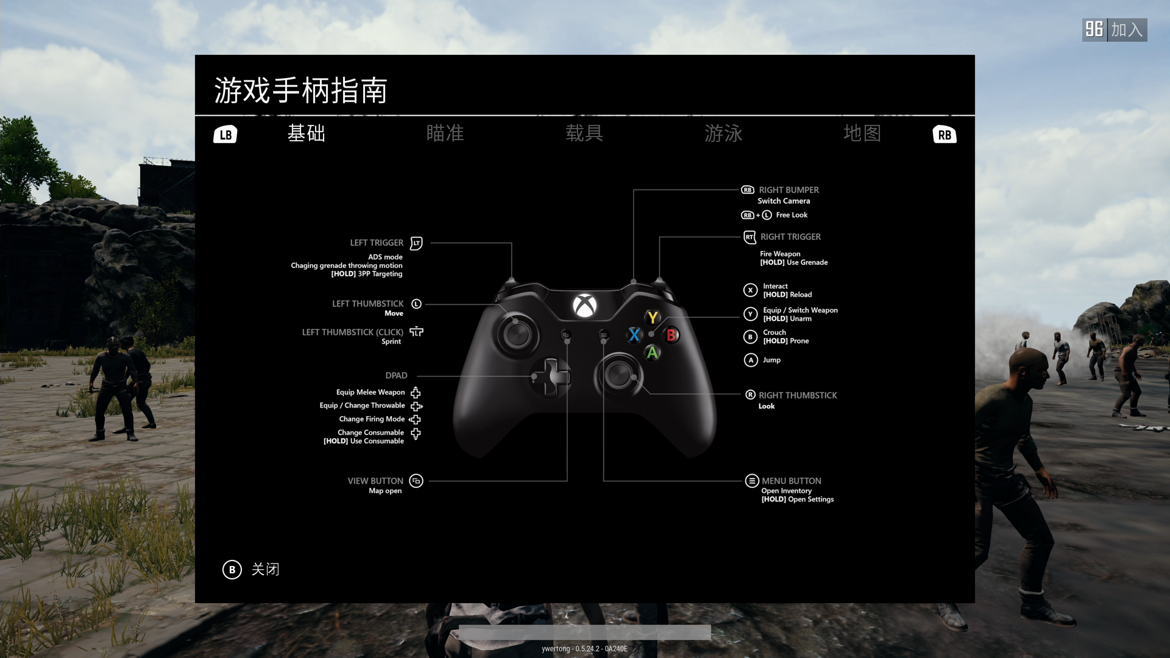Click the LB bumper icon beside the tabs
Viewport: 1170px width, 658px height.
(225, 135)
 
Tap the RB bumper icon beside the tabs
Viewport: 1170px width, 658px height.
(945, 135)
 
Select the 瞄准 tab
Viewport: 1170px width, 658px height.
(445, 133)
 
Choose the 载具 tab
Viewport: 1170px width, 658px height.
(584, 133)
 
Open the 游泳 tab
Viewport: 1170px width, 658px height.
(723, 133)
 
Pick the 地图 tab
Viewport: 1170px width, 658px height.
(862, 133)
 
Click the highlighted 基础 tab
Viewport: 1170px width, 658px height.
(306, 133)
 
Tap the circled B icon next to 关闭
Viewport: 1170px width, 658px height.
(232, 570)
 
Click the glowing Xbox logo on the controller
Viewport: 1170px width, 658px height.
(584, 305)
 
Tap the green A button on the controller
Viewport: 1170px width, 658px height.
(653, 353)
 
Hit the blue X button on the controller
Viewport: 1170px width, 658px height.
(634, 334)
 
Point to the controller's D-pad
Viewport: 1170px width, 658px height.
(552, 377)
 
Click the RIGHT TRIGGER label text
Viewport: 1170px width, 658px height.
(790, 237)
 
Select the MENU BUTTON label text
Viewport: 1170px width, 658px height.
(791, 481)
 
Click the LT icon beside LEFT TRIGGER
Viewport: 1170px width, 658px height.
(416, 243)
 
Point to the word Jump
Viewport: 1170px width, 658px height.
(771, 360)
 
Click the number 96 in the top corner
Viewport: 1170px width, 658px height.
(1094, 29)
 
